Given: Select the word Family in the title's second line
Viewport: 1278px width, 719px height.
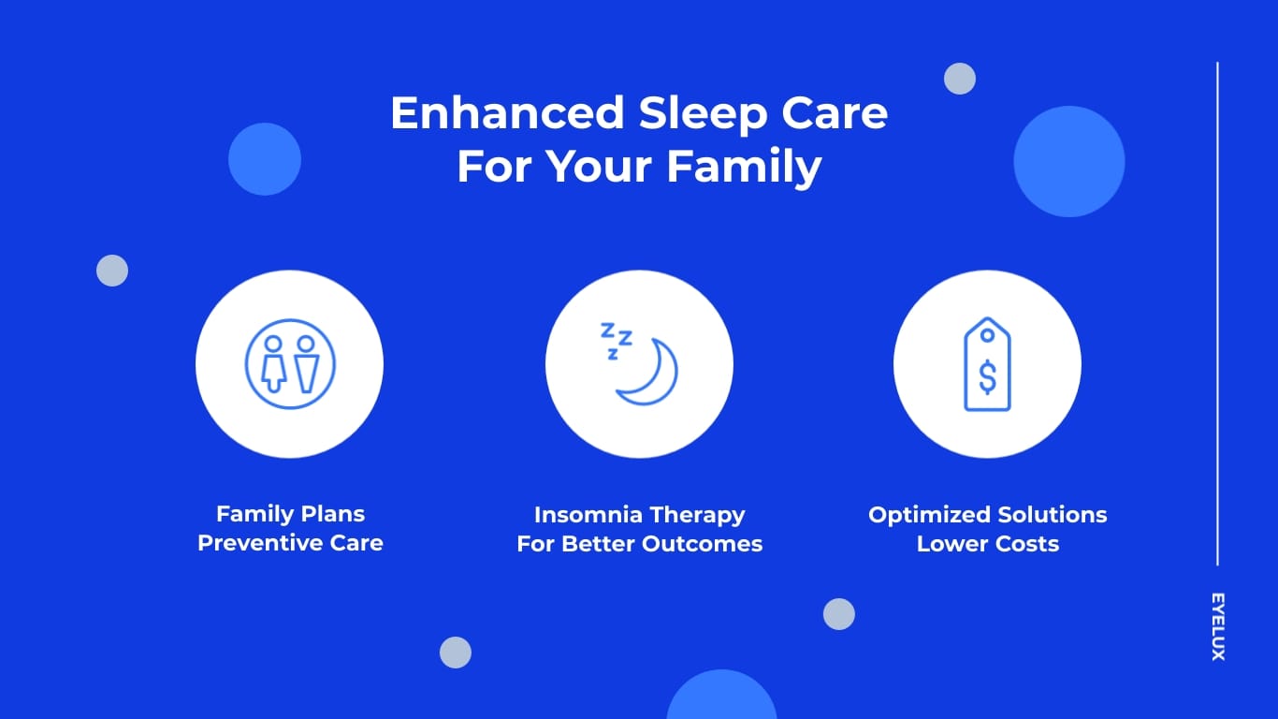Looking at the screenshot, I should [x=745, y=168].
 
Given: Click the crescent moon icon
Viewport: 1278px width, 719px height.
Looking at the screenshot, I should [x=647, y=374].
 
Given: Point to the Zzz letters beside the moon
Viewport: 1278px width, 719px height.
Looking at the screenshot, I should [x=615, y=339].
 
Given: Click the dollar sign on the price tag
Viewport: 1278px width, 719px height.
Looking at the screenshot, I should [x=987, y=376].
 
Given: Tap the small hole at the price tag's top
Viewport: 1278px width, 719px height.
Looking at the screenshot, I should [x=987, y=334].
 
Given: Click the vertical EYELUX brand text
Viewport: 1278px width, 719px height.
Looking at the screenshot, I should [x=1217, y=626].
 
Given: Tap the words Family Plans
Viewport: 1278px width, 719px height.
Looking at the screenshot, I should [x=290, y=514].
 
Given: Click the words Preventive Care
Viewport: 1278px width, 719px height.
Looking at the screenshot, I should [x=290, y=543].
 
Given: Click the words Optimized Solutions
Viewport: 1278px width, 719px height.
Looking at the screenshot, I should [x=987, y=515].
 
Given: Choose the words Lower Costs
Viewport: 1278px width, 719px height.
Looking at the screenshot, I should [x=987, y=544].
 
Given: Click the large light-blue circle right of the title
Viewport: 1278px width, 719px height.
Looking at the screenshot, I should [x=1068, y=161].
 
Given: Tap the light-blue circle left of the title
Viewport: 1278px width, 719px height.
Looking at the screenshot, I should [x=265, y=159].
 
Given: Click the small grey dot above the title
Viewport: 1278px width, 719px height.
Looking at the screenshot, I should [x=959, y=79].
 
